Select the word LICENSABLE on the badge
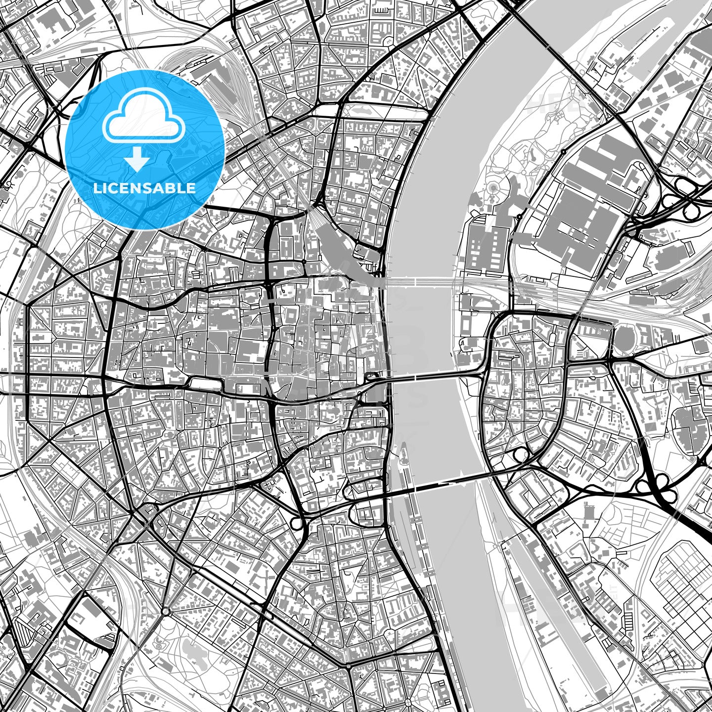(145, 188)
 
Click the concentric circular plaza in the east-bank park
(493, 187)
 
